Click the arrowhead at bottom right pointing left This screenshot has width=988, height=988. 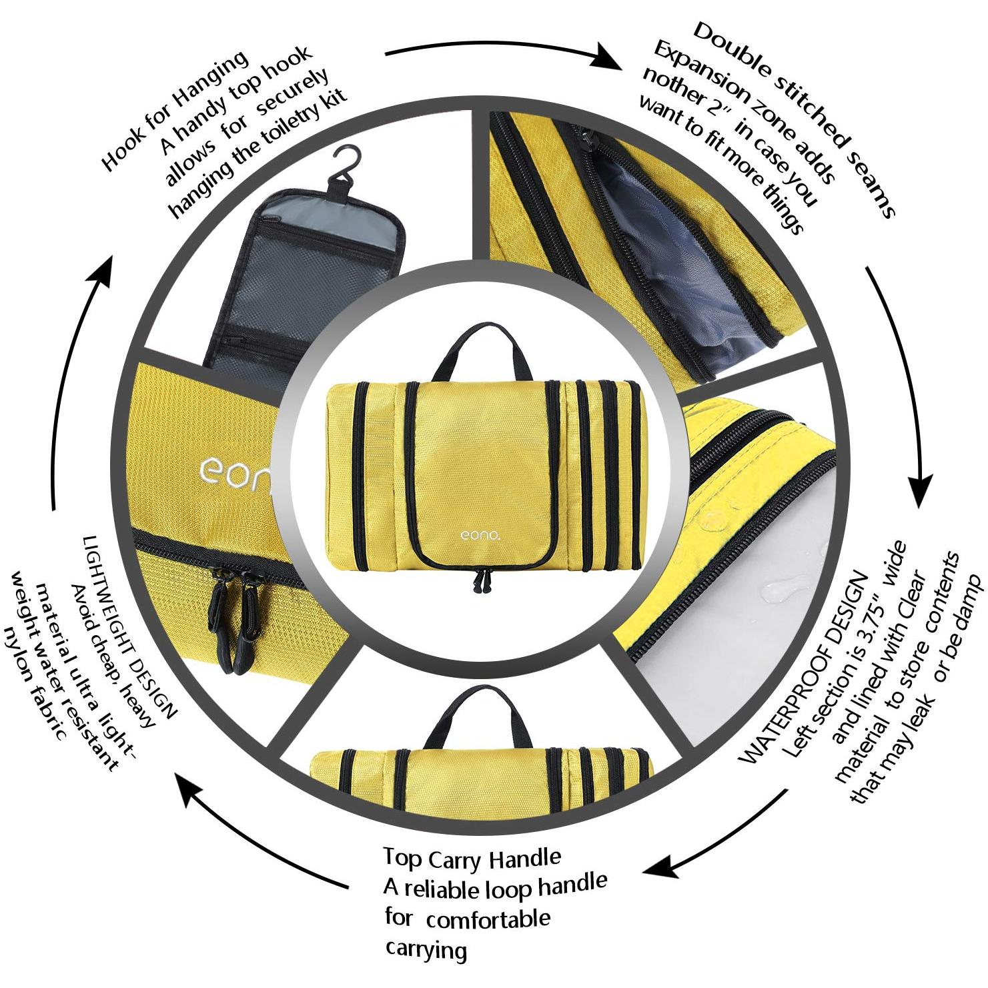(664, 867)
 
